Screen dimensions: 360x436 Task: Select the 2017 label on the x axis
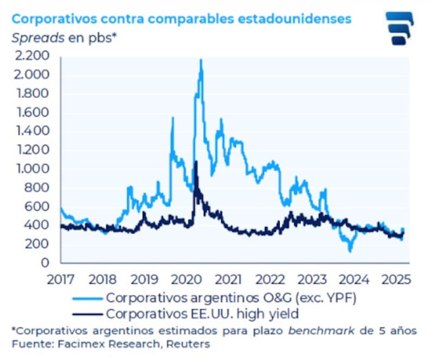[61, 280]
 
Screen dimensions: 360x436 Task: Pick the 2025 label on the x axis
[397, 280]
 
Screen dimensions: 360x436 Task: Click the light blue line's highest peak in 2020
[201, 59]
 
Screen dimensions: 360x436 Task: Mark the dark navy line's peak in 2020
[196, 162]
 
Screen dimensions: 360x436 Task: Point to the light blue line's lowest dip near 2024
[350, 251]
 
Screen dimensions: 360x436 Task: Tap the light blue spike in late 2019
[173, 118]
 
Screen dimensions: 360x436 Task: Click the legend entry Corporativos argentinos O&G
[212, 298]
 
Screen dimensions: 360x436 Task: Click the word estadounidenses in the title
[296, 19]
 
